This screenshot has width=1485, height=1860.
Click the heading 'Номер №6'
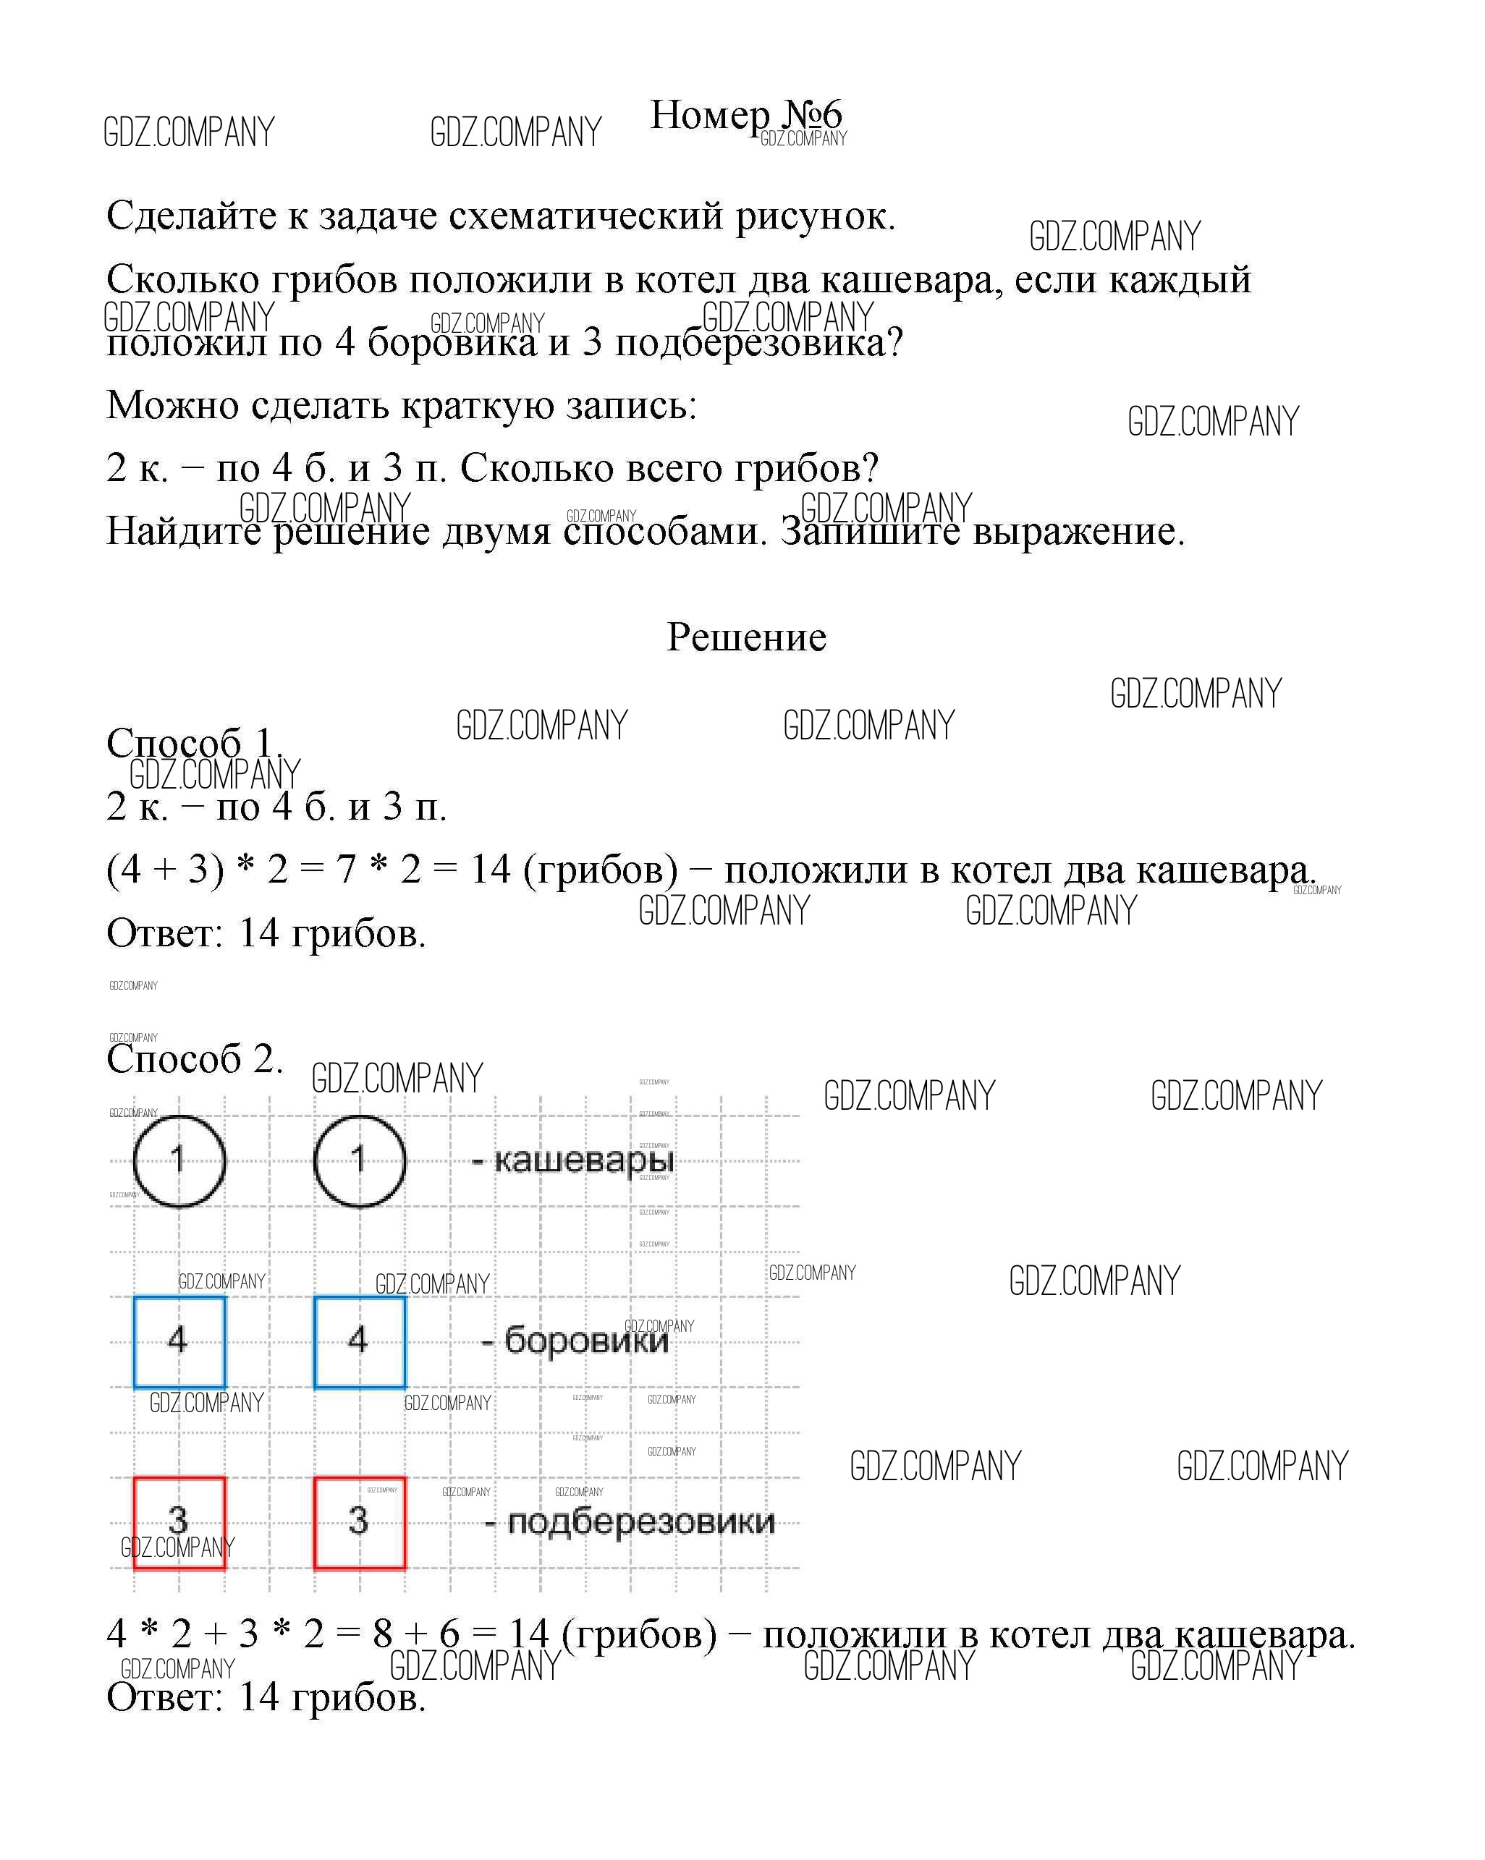[x=745, y=116]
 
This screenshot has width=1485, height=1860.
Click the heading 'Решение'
[x=746, y=637]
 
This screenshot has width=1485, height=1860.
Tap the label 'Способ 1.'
[x=194, y=743]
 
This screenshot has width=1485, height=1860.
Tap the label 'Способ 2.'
[x=194, y=1058]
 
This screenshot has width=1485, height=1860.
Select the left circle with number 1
[x=179, y=1160]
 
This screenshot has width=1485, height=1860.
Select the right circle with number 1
[x=359, y=1160]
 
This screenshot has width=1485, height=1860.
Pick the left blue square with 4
[x=179, y=1341]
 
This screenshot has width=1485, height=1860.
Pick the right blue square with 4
[x=359, y=1341]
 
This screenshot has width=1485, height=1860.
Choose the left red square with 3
[x=179, y=1522]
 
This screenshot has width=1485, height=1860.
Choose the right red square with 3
[x=359, y=1522]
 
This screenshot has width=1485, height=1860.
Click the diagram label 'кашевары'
[x=583, y=1161]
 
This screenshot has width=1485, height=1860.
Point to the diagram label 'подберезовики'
[x=640, y=1522]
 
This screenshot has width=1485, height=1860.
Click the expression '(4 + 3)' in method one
[x=165, y=870]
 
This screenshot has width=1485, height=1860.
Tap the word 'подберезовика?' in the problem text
[x=758, y=344]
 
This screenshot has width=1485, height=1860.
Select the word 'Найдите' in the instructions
[x=183, y=532]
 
